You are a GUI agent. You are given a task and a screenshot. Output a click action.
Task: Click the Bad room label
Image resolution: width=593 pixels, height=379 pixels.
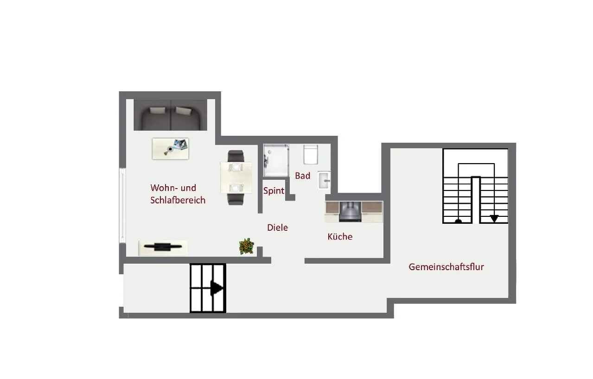(303, 176)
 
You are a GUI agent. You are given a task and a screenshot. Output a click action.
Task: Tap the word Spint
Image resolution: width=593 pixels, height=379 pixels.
(274, 191)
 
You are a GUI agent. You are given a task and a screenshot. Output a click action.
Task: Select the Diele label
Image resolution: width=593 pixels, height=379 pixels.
(277, 227)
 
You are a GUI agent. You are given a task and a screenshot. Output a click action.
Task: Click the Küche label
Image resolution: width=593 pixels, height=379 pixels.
(340, 236)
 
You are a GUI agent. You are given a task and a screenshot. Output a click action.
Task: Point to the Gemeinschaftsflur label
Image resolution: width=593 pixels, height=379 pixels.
(446, 267)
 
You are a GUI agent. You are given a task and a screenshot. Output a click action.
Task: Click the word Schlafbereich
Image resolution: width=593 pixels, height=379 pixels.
(178, 200)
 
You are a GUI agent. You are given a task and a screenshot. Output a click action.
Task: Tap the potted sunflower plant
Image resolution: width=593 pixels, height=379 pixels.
(247, 246)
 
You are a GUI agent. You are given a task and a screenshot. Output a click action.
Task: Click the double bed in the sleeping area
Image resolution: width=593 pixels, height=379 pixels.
(170, 115)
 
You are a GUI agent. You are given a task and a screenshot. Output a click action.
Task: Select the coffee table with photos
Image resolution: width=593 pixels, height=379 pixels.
(171, 149)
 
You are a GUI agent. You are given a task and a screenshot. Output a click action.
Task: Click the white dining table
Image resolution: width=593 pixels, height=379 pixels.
(236, 177)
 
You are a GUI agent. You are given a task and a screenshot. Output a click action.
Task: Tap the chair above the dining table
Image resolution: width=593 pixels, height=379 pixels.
(236, 156)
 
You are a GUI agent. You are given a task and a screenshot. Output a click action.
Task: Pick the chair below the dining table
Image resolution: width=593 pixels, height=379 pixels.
(236, 199)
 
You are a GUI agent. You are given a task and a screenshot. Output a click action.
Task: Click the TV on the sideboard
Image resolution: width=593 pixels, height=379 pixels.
(163, 247)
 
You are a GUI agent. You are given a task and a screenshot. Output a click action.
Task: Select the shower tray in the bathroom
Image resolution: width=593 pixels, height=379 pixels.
(276, 160)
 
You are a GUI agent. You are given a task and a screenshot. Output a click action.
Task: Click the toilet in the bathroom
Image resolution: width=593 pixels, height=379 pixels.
(311, 154)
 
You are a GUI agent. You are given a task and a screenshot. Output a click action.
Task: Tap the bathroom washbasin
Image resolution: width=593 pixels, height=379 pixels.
(324, 180)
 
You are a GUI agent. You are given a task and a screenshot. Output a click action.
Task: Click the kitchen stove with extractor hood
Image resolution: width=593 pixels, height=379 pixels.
(350, 212)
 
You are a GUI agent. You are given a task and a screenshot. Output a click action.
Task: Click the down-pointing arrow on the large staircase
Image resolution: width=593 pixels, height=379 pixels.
(494, 219)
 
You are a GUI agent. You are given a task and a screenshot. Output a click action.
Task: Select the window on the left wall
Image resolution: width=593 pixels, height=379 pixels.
(122, 205)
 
